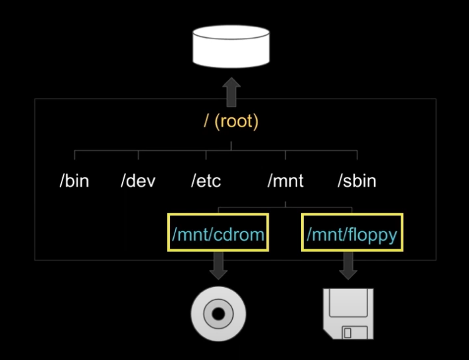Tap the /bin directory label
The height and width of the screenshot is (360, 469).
(74, 181)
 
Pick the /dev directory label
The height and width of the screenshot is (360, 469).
(138, 181)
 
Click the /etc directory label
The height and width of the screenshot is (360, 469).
(206, 181)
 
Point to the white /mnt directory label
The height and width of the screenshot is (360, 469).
(285, 181)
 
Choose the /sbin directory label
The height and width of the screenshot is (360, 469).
(356, 181)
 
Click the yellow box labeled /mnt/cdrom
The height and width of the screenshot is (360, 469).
(219, 233)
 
